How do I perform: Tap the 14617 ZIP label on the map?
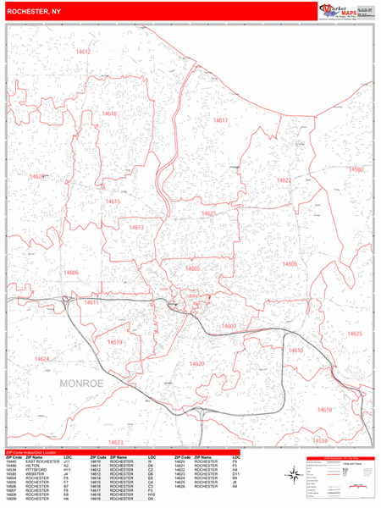221,120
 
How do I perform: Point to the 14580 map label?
356,170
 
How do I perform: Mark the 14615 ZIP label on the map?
113,202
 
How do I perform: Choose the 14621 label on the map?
208,213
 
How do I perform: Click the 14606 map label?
70,273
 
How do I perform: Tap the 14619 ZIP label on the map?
115,342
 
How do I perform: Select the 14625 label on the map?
354,334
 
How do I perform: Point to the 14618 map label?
324,410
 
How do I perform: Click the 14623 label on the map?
116,441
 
